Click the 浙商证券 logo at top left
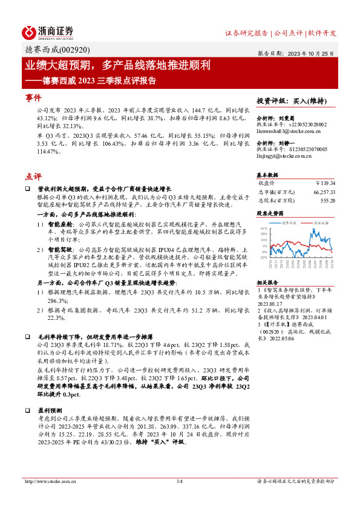[47, 31]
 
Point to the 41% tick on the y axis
[263, 229]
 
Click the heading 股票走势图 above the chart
[270, 213]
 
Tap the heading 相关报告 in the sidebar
[267, 282]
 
